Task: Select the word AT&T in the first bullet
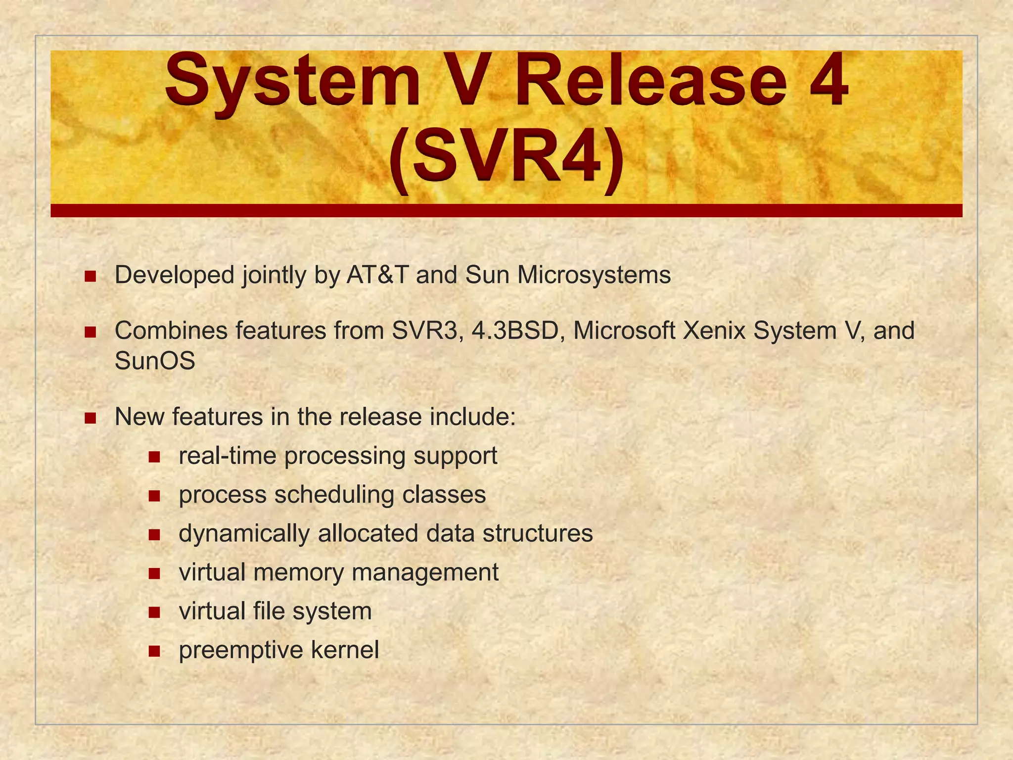377,275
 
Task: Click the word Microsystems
594,275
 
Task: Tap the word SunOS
155,361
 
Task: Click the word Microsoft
624,331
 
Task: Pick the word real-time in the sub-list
227,456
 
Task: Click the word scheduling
335,495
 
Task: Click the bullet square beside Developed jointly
90,276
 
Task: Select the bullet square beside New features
90,418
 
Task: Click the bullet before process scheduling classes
154,496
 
